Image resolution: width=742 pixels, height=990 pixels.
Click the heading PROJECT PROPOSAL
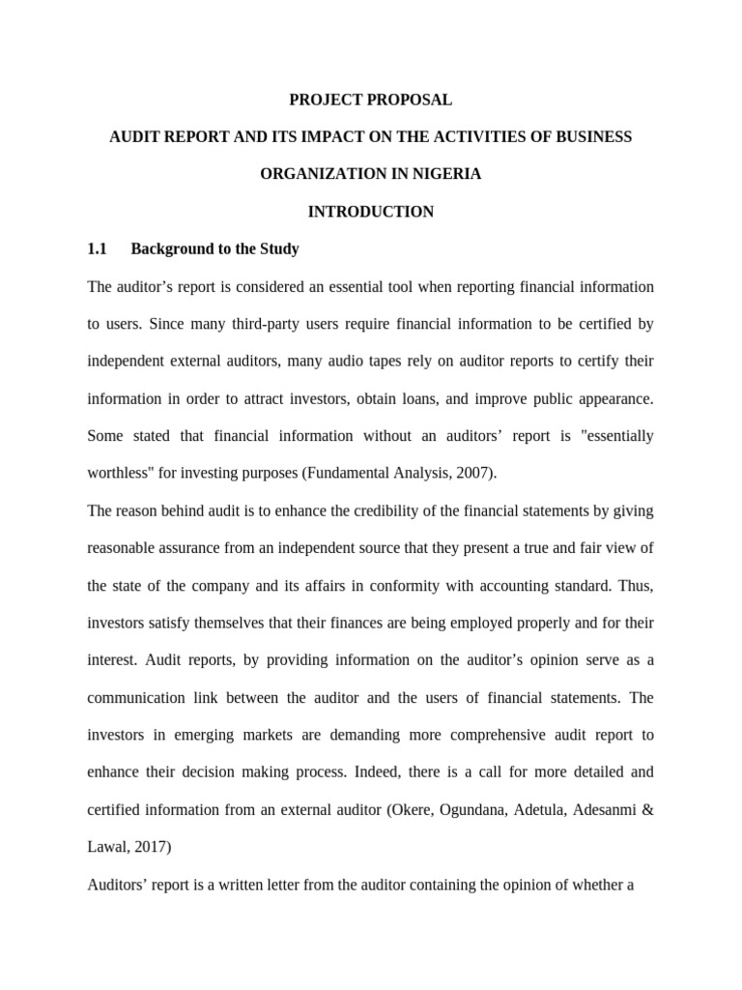pos(371,100)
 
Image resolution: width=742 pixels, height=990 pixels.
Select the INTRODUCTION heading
pos(371,212)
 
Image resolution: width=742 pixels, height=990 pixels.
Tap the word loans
pos(464,399)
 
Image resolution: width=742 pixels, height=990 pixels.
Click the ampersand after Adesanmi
pos(647,809)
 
